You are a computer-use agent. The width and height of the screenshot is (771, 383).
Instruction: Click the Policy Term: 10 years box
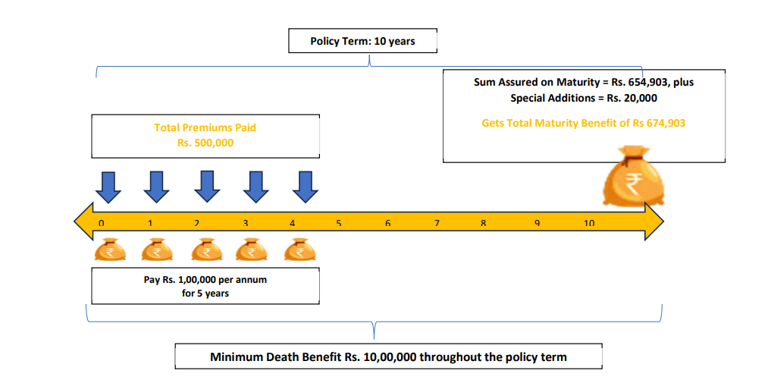point(362,41)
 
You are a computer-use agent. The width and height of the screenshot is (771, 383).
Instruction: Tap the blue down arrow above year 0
point(108,187)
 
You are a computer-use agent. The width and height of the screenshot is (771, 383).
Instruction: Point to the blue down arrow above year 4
point(305,187)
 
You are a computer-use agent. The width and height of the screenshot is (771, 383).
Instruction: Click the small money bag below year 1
point(157,250)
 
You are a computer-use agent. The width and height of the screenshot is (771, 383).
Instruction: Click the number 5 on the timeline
point(339,223)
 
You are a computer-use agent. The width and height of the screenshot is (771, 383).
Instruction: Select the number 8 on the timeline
point(483,223)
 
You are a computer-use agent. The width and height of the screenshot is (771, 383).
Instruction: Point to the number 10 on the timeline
point(589,223)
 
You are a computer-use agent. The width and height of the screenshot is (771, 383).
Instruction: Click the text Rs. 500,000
point(205,142)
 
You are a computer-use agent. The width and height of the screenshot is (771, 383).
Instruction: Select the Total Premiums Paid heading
point(205,127)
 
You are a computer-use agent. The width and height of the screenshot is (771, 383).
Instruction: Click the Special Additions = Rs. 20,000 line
point(583,98)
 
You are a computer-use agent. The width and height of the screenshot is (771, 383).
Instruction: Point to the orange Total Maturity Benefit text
point(583,123)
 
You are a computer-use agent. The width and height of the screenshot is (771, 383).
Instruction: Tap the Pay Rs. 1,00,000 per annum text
point(205,279)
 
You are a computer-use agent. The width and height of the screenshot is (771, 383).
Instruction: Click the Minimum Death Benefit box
point(388,356)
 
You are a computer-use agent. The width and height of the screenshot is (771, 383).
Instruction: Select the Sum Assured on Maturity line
point(583,82)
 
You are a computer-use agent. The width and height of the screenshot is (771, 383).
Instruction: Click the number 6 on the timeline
point(387,223)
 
